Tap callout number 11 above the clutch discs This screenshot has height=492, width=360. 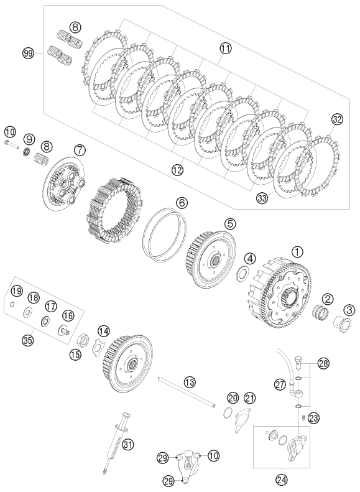(x=225, y=49)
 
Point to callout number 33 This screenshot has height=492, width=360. (x=262, y=198)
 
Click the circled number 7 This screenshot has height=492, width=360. (x=80, y=151)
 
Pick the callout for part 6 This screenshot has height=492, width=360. (x=182, y=203)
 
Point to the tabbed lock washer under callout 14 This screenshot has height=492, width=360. (x=100, y=345)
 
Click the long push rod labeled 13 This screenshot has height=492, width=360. (x=187, y=392)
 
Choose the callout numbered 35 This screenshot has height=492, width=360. (x=28, y=340)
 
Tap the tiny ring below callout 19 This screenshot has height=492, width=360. (x=12, y=304)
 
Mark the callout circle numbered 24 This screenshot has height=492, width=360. (x=281, y=479)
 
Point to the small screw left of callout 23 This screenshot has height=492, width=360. (x=303, y=418)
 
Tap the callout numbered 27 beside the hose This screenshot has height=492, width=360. (x=280, y=384)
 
